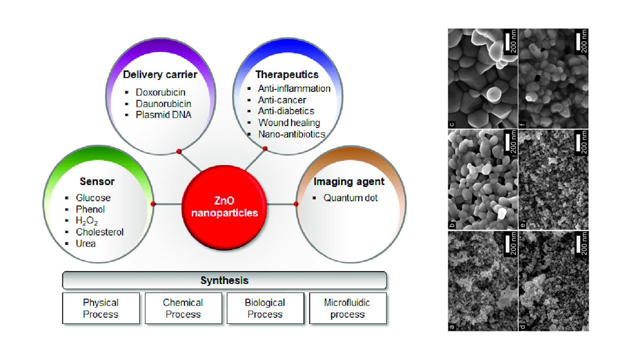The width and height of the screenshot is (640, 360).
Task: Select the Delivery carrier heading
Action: pyautogui.click(x=160, y=75)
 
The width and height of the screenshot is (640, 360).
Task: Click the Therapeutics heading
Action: pyautogui.click(x=286, y=75)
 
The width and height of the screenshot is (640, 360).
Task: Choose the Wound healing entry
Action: pyautogui.click(x=289, y=122)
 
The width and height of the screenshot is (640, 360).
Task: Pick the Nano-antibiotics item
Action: pyautogui.click(x=291, y=134)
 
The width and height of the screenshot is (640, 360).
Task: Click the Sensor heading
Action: pyautogui.click(x=97, y=181)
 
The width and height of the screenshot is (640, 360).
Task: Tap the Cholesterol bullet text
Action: pyautogui.click(x=99, y=232)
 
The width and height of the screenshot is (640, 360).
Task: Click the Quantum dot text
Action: pyautogui.click(x=350, y=198)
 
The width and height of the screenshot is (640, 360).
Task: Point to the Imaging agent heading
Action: pyautogui.click(x=349, y=181)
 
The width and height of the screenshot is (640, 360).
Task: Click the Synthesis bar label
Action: pyautogui.click(x=224, y=280)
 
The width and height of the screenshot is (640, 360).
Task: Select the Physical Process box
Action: pyautogui.click(x=101, y=308)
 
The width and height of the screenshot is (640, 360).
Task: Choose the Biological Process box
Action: pyautogui.click(x=265, y=308)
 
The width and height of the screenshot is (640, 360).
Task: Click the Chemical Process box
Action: pyautogui.click(x=183, y=308)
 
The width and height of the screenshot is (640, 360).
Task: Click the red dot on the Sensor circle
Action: pyautogui.click(x=153, y=204)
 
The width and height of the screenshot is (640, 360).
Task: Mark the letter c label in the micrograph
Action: pyautogui.click(x=451, y=124)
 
